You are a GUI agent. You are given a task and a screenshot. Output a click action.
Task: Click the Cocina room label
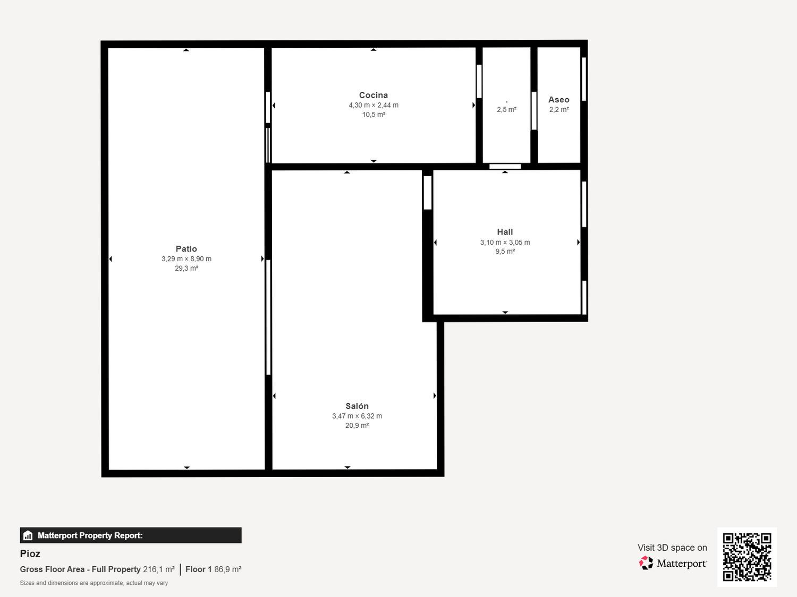374,95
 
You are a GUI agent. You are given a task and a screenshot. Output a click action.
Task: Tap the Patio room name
186,249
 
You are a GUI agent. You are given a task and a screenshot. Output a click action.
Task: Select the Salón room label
357,406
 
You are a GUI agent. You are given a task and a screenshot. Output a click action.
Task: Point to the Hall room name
505,232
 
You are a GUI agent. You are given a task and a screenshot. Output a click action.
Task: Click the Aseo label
559,100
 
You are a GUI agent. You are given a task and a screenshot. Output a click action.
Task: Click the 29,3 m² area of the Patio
186,268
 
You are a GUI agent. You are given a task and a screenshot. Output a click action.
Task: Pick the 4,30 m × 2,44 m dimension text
374,105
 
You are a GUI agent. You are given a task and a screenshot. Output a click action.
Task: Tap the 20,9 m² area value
357,425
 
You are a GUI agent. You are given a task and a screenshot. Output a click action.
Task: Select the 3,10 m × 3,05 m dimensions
505,242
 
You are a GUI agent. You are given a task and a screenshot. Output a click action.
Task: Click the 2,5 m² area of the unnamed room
506,109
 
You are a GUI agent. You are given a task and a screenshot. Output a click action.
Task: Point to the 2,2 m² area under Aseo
559,109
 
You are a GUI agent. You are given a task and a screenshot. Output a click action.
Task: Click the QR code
747,557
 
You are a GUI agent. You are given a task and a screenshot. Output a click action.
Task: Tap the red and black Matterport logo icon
646,563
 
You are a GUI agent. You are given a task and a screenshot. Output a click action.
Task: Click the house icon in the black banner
28,535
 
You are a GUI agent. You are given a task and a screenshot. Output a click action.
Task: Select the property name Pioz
30,553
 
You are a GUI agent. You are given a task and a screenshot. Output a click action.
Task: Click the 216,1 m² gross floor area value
159,569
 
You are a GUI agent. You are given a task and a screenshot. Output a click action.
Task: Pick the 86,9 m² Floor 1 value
227,569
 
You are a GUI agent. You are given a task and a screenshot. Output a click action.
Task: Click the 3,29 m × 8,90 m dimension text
186,259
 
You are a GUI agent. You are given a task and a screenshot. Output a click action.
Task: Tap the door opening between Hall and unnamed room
505,167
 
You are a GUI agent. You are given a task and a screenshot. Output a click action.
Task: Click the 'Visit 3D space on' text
672,548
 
